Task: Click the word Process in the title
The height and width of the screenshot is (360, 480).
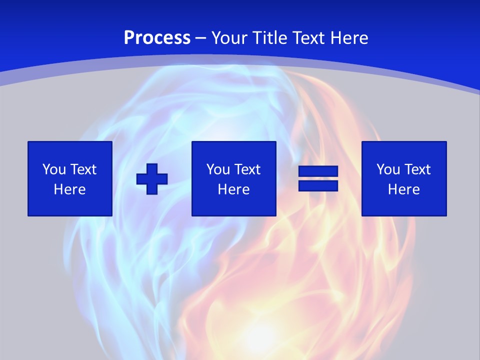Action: pos(157,38)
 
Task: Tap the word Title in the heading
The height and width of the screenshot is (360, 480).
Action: pos(271,38)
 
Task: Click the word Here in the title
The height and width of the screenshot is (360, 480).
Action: pos(350,38)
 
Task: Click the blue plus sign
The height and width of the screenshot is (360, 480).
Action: pos(152,178)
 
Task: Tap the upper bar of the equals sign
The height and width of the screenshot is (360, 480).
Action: pos(318,171)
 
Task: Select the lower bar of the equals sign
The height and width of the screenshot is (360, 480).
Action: pos(318,185)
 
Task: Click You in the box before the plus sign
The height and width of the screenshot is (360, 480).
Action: pos(54,169)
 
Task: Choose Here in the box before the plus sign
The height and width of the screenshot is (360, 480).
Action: pos(69,189)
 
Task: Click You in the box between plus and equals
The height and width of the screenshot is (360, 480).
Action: pos(218,169)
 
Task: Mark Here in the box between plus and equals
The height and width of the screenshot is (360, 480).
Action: pos(233,189)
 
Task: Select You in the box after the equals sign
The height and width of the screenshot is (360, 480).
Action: pos(388,169)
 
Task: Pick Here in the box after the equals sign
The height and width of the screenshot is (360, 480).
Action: pos(403,189)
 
